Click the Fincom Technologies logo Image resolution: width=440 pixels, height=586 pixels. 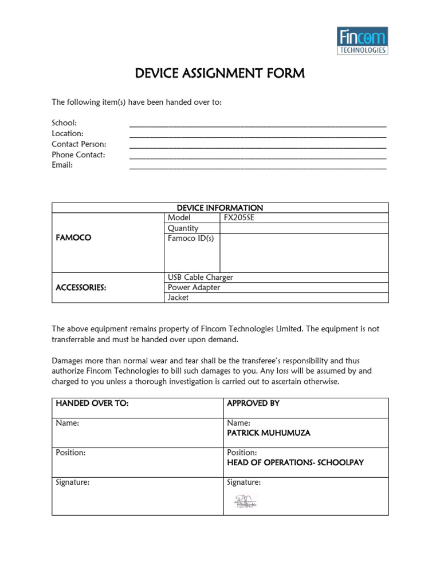pyautogui.click(x=362, y=41)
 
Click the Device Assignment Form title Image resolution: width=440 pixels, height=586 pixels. pyautogui.click(x=219, y=73)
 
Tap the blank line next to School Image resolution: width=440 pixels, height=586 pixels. pyautogui.click(x=258, y=124)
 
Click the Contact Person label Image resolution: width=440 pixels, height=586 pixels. pyautogui.click(x=79, y=144)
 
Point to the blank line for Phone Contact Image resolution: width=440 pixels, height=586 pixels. pyautogui.click(x=258, y=156)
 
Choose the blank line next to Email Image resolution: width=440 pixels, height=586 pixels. pyautogui.click(x=258, y=166)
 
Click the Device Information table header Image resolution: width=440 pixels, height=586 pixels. pyautogui.click(x=220, y=208)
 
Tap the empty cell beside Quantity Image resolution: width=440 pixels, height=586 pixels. pyautogui.click(x=304, y=228)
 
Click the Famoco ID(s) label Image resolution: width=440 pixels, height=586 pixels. pyautogui.click(x=190, y=239)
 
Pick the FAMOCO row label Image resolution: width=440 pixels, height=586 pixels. pyautogui.click(x=73, y=237)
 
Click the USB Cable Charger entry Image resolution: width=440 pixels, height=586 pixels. pyautogui.click(x=200, y=278)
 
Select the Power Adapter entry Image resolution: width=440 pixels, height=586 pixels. pyautogui.click(x=194, y=288)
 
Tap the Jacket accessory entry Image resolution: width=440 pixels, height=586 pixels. pyautogui.click(x=178, y=298)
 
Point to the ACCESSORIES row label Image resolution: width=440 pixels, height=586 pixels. pyautogui.click(x=81, y=288)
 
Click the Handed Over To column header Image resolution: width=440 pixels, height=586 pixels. pyautogui.click(x=92, y=403)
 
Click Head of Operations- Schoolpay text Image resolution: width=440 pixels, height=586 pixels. pyautogui.click(x=295, y=462)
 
